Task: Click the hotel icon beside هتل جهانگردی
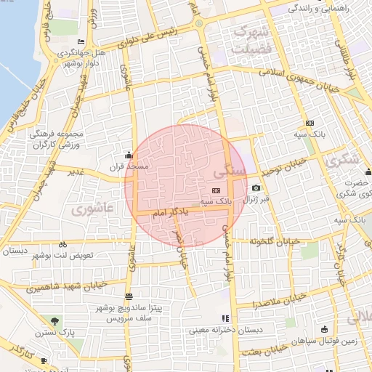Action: tap(80, 41)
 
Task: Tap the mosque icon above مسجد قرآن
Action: tap(129, 155)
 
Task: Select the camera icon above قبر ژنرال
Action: tap(256, 187)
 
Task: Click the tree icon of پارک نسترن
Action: tap(55, 321)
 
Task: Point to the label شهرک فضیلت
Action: tap(249, 39)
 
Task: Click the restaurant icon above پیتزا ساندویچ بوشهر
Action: tap(129, 296)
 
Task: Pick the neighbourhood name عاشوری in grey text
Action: tap(94, 208)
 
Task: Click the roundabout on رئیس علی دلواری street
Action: tap(199, 23)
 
